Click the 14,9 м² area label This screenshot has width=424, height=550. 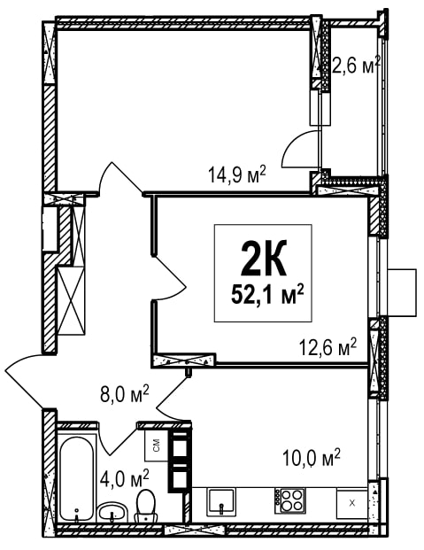[x=237, y=174]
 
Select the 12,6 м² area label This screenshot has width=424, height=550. [x=328, y=347]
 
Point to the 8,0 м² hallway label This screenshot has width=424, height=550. [x=125, y=394]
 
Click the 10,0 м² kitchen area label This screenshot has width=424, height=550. [x=312, y=457]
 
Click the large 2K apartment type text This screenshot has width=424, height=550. [x=264, y=258]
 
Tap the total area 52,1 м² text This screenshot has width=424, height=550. [x=267, y=295]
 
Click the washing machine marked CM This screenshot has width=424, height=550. [x=157, y=445]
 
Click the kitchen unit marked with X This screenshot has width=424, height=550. [x=352, y=503]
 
